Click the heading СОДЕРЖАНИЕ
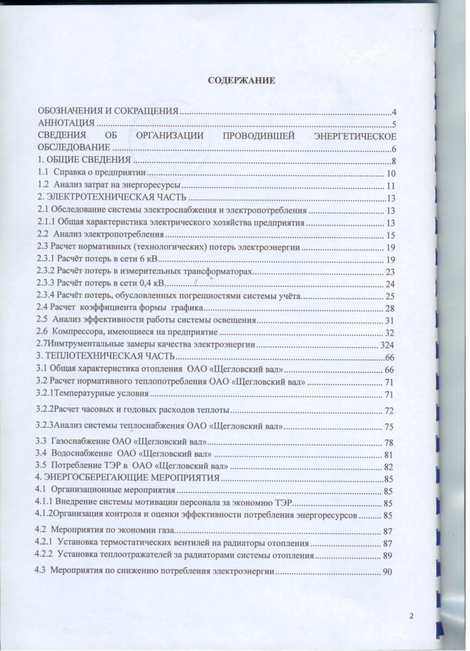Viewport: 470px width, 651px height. point(242,80)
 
